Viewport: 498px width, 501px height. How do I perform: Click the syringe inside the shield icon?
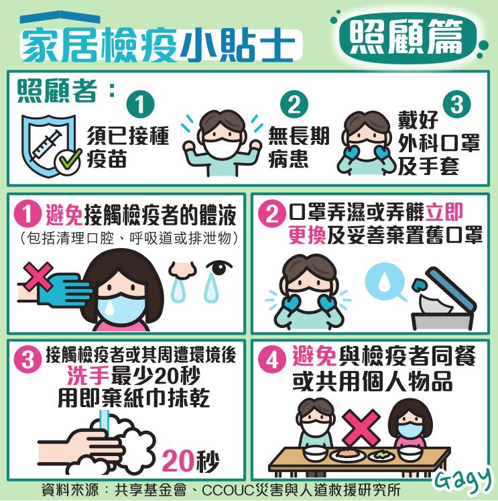[46, 146]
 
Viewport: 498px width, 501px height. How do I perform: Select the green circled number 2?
[294, 105]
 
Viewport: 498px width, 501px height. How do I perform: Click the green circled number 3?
[457, 104]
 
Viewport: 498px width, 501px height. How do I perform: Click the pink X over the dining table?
[361, 427]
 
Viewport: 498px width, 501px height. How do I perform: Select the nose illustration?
[182, 270]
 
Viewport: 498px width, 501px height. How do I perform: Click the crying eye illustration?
[219, 268]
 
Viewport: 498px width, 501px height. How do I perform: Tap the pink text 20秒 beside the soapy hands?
[190, 461]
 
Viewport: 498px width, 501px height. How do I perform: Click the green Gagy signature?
[463, 478]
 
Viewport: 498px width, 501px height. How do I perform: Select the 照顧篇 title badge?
[407, 38]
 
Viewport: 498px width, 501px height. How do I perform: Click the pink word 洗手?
[88, 376]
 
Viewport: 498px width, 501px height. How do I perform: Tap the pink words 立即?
[444, 212]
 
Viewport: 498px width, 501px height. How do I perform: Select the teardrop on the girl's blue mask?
[110, 308]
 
